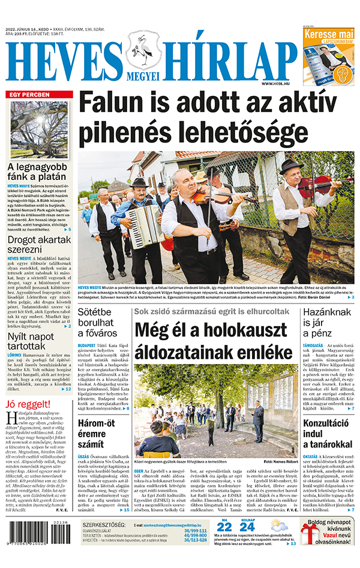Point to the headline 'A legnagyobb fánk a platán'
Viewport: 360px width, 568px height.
point(37,172)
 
